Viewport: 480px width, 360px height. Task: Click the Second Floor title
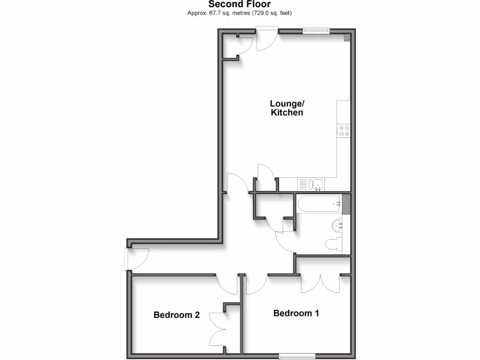pos(240,4)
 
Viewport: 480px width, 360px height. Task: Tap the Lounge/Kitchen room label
pos(287,108)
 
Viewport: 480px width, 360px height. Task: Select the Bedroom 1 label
pos(296,313)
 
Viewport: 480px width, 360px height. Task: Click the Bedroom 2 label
pos(177,315)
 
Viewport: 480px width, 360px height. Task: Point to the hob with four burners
pos(344,130)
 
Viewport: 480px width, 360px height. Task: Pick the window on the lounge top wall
pos(316,30)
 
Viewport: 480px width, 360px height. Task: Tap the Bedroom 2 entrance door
pos(227,284)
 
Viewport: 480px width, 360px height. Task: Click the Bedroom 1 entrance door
pos(256,284)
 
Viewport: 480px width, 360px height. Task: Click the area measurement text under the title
pos(240,14)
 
